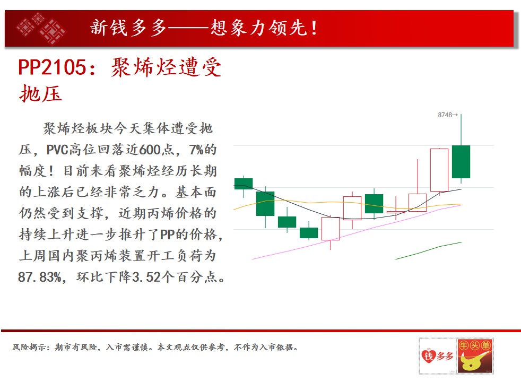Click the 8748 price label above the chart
pos(448,115)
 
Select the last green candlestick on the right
pos(461,162)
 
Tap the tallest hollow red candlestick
pos(439,170)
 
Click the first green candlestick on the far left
pos(244,184)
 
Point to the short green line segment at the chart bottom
pos(428,250)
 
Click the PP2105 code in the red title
pos(52,67)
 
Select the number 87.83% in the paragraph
pos(40,277)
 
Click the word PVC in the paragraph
pos(57,150)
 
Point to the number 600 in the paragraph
pos(150,150)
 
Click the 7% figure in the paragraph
pos(196,150)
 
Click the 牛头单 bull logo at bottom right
pos(475,356)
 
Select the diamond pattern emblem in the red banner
pos(41,28)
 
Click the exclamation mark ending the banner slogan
pos(314,28)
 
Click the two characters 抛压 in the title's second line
pos(40,93)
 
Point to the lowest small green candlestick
pos(309,232)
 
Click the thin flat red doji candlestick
pos(396,212)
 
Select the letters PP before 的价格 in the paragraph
pos(167,235)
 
